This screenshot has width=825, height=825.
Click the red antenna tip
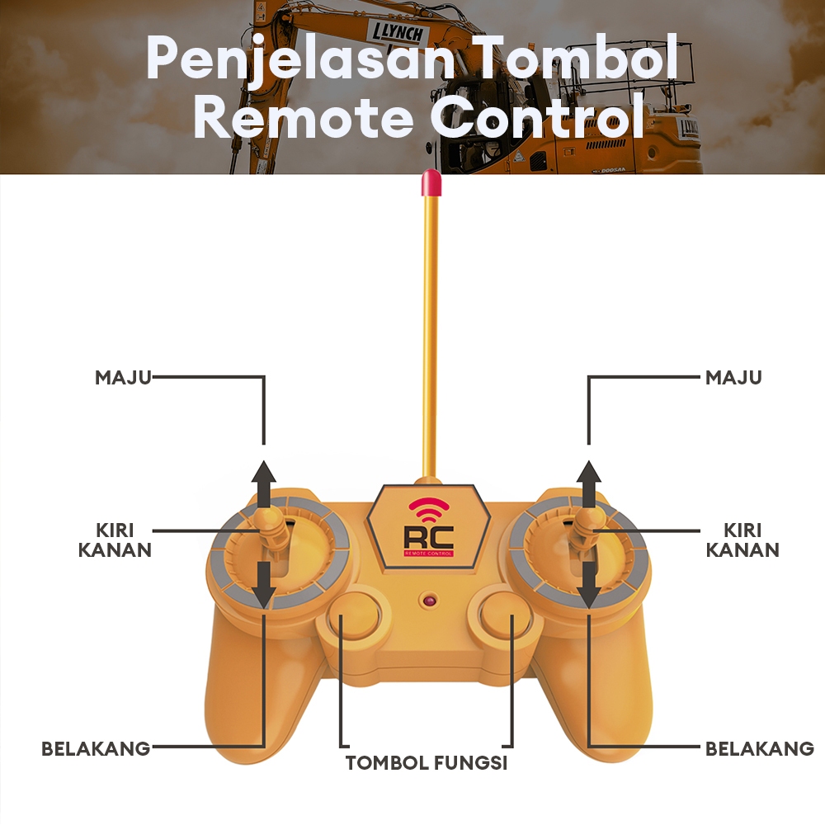point(430,183)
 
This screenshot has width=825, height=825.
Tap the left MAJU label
point(123,378)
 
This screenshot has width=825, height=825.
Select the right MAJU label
point(733,378)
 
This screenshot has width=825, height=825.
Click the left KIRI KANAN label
point(115,540)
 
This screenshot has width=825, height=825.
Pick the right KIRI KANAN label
point(742,540)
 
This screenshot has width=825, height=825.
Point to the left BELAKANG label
point(96,749)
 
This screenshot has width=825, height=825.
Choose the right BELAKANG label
point(760,749)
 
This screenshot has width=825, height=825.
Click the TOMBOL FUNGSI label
point(426,762)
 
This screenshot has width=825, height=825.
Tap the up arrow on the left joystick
point(264,483)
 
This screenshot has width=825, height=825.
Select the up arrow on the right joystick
point(588,483)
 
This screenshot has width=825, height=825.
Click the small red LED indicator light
point(427,600)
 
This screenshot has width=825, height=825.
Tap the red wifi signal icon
point(428,511)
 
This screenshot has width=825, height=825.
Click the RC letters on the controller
point(428,537)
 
